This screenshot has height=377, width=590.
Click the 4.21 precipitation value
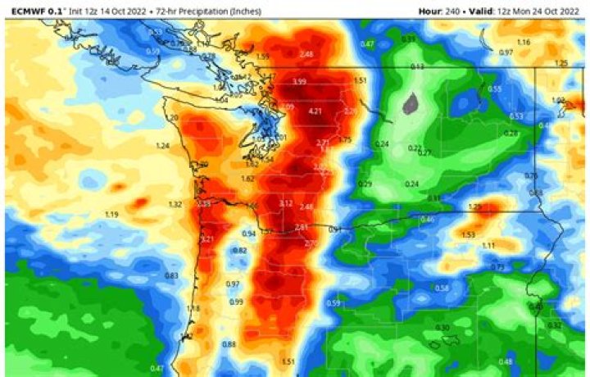315,111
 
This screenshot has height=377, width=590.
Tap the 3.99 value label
300,82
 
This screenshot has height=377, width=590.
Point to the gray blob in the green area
411,103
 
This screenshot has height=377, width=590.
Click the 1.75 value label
344,140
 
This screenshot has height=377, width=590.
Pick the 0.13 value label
417,66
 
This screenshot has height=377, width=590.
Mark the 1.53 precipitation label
468,234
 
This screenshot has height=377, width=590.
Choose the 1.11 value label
488,246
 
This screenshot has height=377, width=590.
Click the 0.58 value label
442,288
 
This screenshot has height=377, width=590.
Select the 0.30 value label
442,328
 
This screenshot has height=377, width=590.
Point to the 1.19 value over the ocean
112,215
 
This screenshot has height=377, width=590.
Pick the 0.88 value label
229,344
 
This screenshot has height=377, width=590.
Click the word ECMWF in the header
25,11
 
